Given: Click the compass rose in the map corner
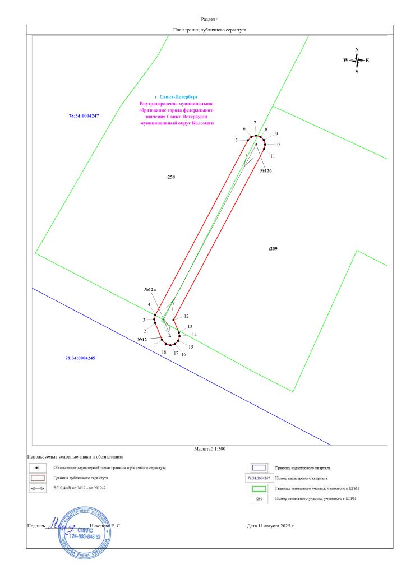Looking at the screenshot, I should [x=357, y=60].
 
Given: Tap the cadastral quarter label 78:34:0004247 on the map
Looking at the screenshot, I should [x=84, y=115].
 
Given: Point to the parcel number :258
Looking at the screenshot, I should [x=170, y=177].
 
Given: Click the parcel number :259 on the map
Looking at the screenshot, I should [x=273, y=248].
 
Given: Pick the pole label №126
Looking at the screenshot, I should [x=266, y=170].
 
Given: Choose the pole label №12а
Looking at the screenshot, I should [x=150, y=289].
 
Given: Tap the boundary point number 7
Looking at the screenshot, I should [x=255, y=123].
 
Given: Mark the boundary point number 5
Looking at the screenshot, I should [x=237, y=140].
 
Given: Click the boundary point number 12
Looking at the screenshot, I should [x=187, y=316].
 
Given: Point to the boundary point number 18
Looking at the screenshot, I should [x=164, y=352].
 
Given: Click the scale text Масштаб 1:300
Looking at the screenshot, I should [x=209, y=449].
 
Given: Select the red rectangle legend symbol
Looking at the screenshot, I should [x=37, y=478].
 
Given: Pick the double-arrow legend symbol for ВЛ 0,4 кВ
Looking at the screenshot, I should [x=37, y=489].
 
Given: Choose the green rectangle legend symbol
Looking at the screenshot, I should [x=259, y=488].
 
